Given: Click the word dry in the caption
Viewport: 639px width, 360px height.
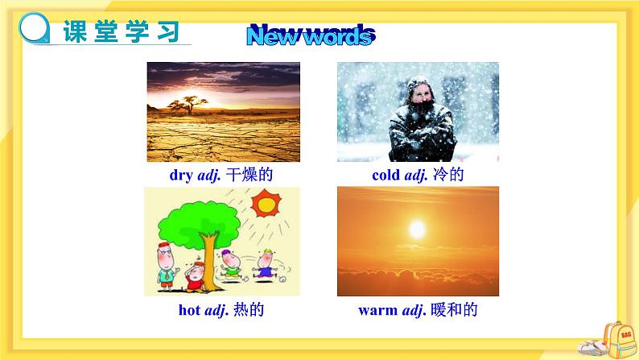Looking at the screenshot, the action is [181, 176].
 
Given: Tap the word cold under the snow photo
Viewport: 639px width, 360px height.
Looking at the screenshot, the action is [386, 175].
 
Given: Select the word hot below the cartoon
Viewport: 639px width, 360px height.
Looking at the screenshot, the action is [189, 310].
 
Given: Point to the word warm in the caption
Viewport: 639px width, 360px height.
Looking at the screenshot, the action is [377, 310].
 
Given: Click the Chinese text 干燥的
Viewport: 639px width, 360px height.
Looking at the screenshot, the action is [249, 175].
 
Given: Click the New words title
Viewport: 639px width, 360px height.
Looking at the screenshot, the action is [311, 35].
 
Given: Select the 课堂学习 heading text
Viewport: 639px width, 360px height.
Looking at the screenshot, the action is [121, 31].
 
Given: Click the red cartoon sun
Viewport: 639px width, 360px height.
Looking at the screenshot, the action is [266, 203].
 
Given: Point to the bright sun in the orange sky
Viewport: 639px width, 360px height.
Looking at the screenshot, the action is [417, 230].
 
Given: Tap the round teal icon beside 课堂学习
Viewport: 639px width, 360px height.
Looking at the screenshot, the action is [35, 27].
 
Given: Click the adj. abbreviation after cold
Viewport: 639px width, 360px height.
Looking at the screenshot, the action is [416, 176].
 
